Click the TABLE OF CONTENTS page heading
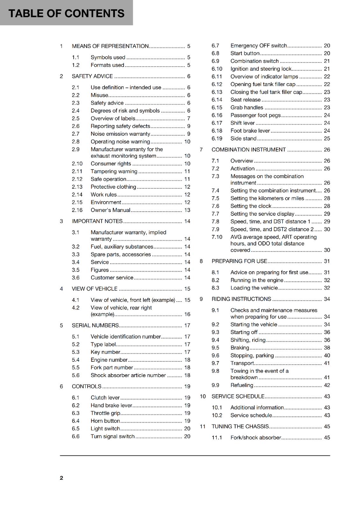(x=66, y=13)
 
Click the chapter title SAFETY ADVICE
(x=92, y=76)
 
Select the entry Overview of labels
(x=113, y=119)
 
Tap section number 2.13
(x=77, y=187)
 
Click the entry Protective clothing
(x=113, y=187)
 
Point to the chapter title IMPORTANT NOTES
(x=97, y=221)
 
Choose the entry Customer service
(x=112, y=278)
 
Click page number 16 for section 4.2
(x=187, y=314)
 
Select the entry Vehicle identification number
(x=126, y=337)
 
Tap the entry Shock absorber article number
(x=128, y=375)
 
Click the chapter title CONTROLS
(x=86, y=386)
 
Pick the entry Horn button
(x=105, y=421)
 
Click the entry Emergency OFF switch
(x=258, y=46)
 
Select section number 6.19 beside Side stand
(x=217, y=139)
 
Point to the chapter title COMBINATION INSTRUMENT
(x=248, y=149)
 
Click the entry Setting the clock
(x=251, y=206)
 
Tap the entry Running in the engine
(x=257, y=280)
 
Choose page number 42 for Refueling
(x=327, y=385)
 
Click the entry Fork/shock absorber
(x=256, y=438)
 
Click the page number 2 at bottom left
(x=61, y=478)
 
